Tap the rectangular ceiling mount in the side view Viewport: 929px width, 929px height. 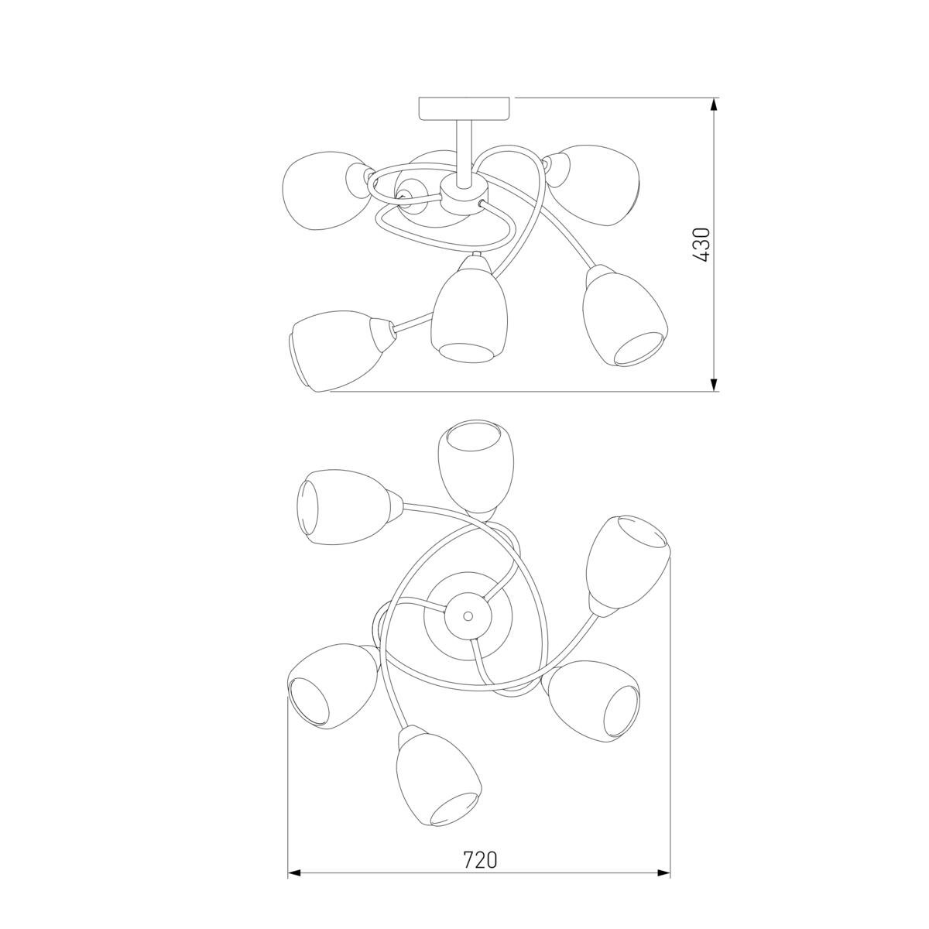point(464,109)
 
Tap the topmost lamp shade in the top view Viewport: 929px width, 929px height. point(475,467)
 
